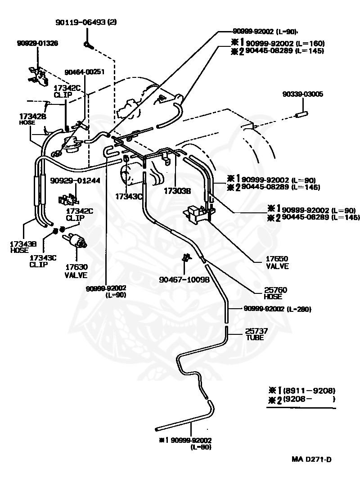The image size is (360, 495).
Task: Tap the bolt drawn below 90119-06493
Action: pos(87,45)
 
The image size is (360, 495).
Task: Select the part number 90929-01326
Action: pos(37,43)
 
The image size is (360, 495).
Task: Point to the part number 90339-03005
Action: pos(302,94)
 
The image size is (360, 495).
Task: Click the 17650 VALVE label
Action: pos(277,262)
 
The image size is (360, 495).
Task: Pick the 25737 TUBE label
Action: pos(256,334)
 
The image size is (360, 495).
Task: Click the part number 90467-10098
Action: pos(184,279)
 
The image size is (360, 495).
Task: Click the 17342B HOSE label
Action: pos(29,118)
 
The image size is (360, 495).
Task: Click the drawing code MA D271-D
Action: pos(312,459)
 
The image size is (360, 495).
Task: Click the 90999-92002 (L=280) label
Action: pos(277,309)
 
